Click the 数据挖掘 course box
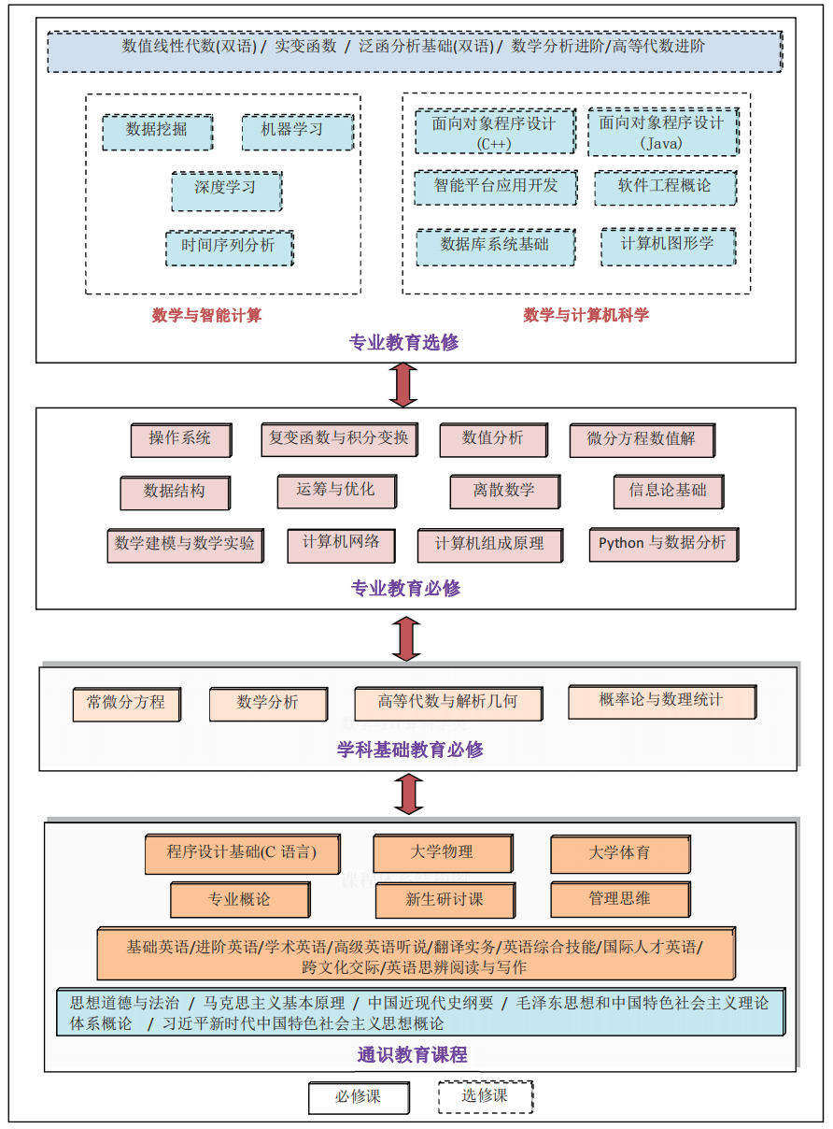pos(156,132)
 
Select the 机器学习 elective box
pos(297,132)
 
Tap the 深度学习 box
pos(225,189)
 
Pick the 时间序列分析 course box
pos(228,247)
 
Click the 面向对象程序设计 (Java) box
pos(661,132)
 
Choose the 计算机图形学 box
pos(667,245)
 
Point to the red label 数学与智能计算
pos(206,315)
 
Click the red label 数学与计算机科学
pos(586,315)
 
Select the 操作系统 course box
pos(179,439)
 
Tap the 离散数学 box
pos(504,492)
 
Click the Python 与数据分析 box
pos(662,544)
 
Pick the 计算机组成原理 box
pos(488,545)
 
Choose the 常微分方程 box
pos(126,704)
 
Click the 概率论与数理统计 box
pos(661,701)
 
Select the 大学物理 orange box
pos(442,853)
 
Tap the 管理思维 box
pos(619,900)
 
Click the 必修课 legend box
pos(358,1097)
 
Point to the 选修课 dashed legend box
pos(485,1096)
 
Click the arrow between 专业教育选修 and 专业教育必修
pos(403,384)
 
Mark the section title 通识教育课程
pos(412,1055)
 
